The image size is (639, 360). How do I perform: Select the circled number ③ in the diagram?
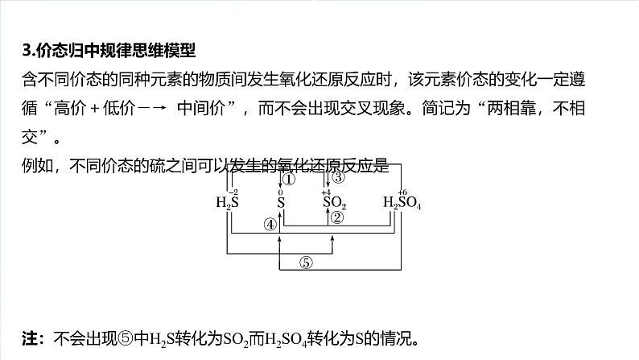click(338, 177)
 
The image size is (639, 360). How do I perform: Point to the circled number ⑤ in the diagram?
click(306, 260)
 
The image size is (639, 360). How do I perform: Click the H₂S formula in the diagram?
click(228, 203)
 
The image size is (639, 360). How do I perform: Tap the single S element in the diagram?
click(281, 202)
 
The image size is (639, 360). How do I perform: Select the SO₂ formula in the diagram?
click(335, 202)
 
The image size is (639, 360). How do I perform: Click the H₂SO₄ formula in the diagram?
click(402, 203)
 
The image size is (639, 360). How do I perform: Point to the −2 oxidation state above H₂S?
click(233, 192)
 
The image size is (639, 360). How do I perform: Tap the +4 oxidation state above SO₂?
click(326, 192)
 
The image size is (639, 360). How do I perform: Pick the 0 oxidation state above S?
click(281, 192)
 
